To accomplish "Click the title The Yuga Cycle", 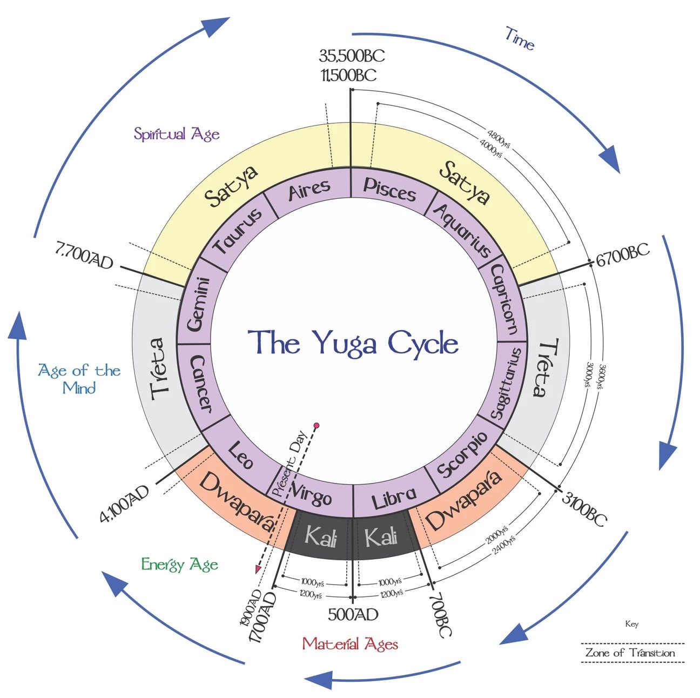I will click(353, 343).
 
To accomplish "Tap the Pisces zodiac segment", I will click(389, 189).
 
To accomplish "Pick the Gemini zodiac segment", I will click(197, 304).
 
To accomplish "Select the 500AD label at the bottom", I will click(353, 614).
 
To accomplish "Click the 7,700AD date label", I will click(84, 258).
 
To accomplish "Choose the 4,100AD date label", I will click(124, 504).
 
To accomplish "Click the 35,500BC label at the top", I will click(352, 56).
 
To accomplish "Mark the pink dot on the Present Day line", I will click(317, 426).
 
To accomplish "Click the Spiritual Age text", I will click(177, 134).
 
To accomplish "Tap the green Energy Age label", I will click(179, 565).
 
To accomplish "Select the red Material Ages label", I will click(350, 644).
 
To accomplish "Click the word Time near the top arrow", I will click(520, 39).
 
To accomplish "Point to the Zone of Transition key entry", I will click(630, 653).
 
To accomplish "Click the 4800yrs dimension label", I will click(499, 135).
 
